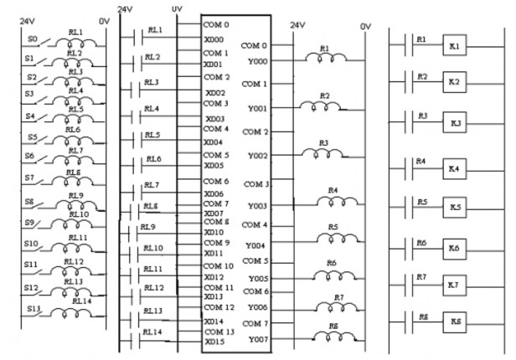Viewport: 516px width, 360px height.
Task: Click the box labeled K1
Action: click(455, 47)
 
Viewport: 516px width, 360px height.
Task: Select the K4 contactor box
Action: click(455, 168)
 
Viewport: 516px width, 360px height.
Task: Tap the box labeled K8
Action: click(455, 322)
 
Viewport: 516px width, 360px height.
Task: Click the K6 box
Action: click(455, 248)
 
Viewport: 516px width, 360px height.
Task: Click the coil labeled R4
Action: click(333, 200)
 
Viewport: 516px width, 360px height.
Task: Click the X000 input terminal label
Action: click(214, 39)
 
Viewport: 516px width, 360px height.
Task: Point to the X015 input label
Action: click(214, 341)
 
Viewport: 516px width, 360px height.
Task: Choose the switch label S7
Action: click(30, 177)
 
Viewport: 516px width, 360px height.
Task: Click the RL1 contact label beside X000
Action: click(155, 30)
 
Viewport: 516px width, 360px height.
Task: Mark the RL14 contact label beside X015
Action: click(152, 332)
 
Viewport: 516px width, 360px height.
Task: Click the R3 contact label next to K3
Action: click(422, 116)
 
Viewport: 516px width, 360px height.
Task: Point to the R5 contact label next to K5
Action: click(422, 202)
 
